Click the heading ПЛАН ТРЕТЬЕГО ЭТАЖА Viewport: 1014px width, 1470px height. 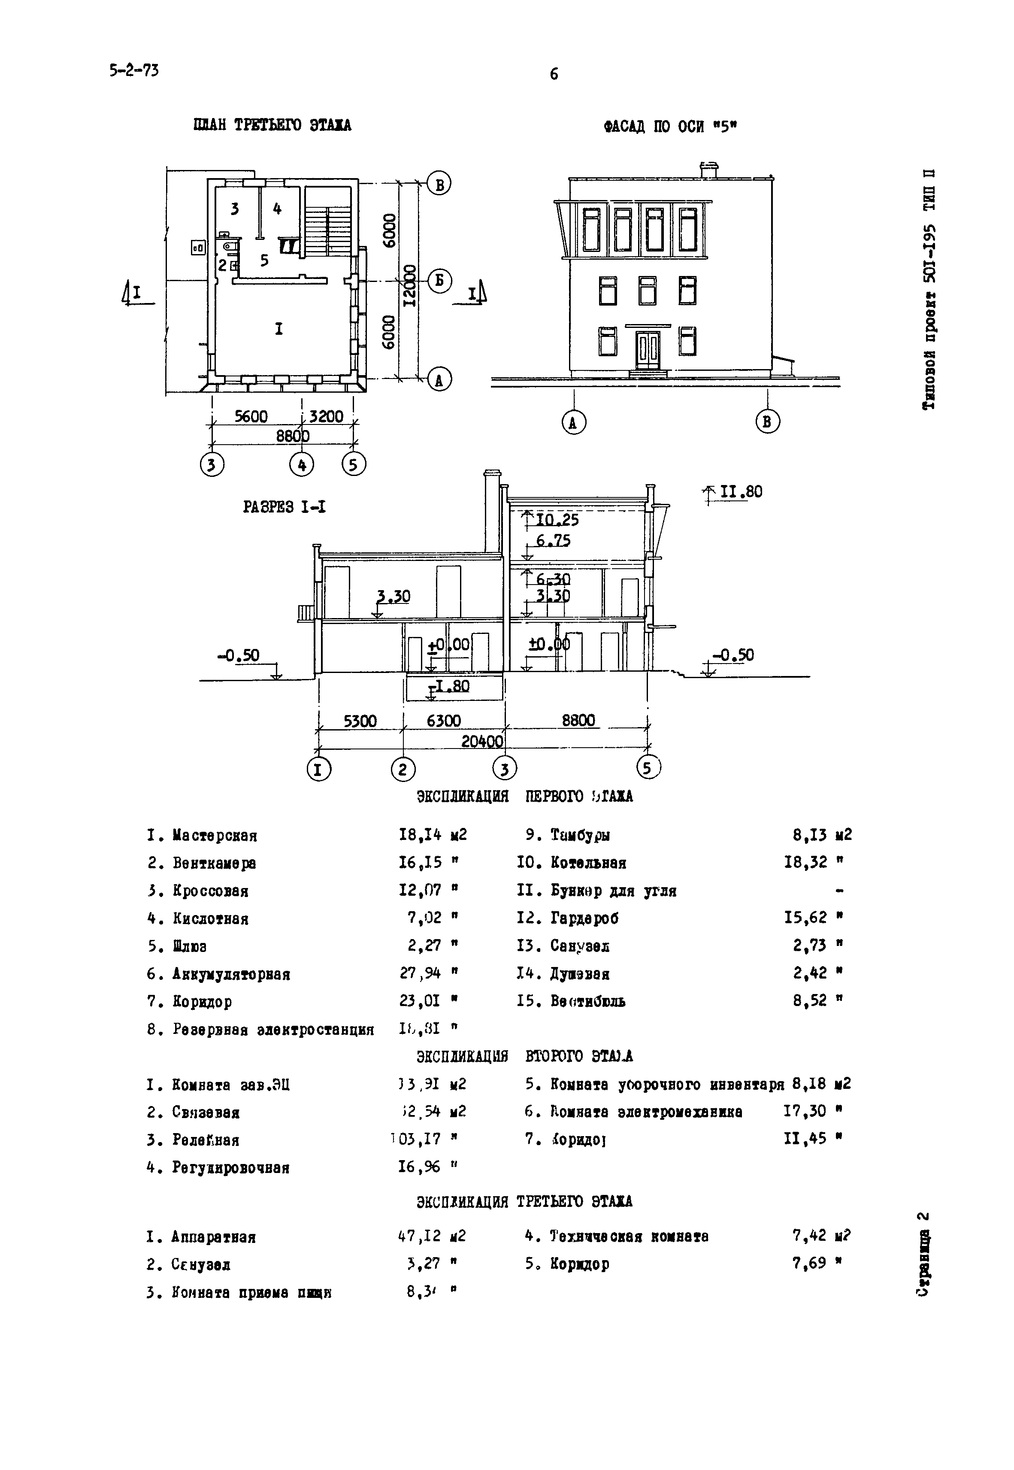click(272, 125)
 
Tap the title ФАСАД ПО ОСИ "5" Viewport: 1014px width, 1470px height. click(670, 127)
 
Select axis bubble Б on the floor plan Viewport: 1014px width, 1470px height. click(439, 280)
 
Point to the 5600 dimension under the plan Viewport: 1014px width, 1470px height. click(251, 417)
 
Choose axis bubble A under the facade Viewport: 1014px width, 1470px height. click(574, 422)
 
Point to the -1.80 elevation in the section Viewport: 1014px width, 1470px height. click(450, 686)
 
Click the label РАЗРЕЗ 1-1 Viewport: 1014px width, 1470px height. click(285, 507)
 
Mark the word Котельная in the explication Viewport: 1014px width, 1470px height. click(588, 863)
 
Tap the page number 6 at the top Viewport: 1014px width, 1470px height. click(554, 74)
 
